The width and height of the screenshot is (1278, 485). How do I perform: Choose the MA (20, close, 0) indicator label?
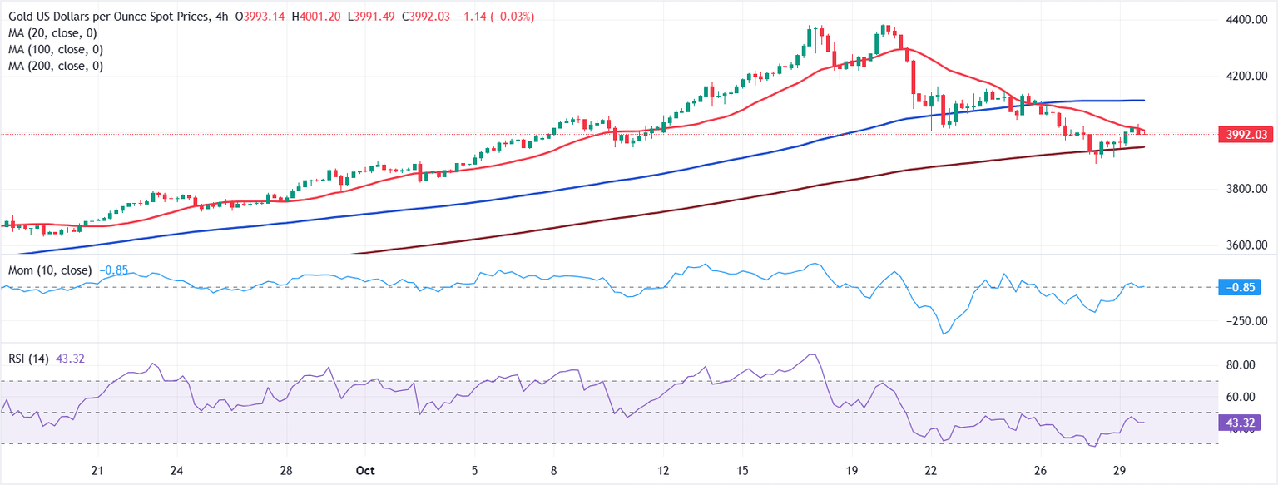[x=55, y=33]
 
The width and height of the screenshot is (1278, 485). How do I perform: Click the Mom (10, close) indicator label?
[x=51, y=270]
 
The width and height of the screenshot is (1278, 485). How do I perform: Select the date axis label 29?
[x=1119, y=471]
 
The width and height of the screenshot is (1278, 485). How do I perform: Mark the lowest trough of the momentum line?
[x=944, y=334]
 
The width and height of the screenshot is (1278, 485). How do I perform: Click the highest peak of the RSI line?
[x=812, y=354]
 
